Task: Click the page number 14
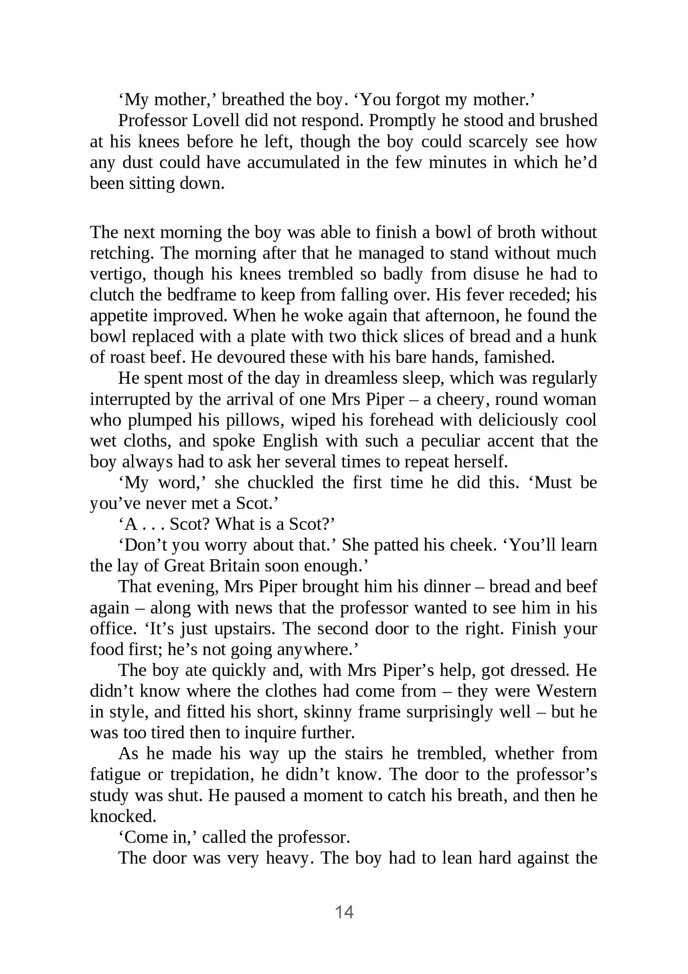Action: tap(344, 912)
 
